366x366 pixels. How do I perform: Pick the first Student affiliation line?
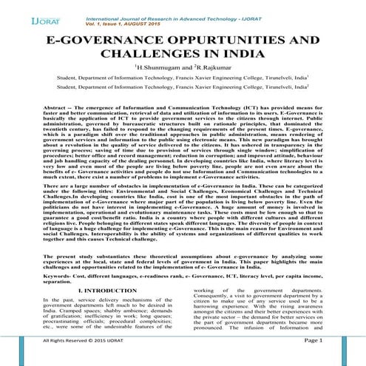[182, 86]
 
